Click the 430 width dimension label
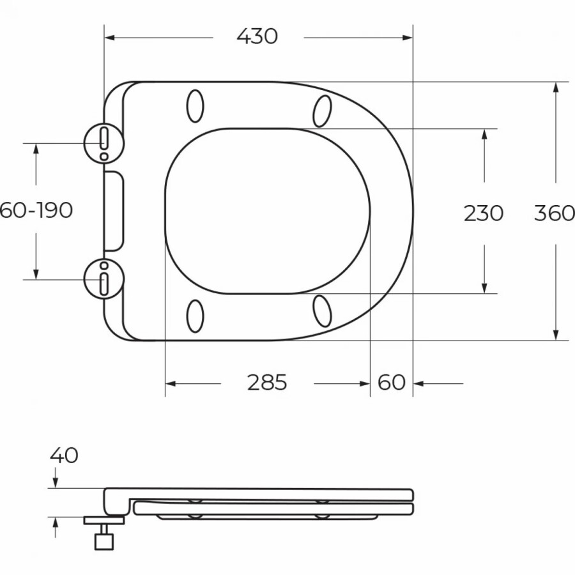click(x=257, y=37)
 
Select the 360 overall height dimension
click(x=554, y=213)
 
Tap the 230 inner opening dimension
click(x=484, y=213)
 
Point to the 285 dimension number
click(x=267, y=383)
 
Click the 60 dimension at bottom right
click(x=392, y=383)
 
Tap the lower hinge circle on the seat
click(x=103, y=279)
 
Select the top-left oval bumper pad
click(x=195, y=106)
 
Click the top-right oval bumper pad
click(x=322, y=111)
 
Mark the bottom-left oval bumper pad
click(x=195, y=316)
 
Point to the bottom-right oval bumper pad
click(x=322, y=312)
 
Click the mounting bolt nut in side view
click(x=103, y=541)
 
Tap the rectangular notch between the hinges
click(x=113, y=210)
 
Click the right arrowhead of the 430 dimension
click(x=408, y=38)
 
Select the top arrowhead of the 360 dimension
click(x=556, y=88)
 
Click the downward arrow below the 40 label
click(x=56, y=482)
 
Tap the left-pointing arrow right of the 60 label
click(x=419, y=384)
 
